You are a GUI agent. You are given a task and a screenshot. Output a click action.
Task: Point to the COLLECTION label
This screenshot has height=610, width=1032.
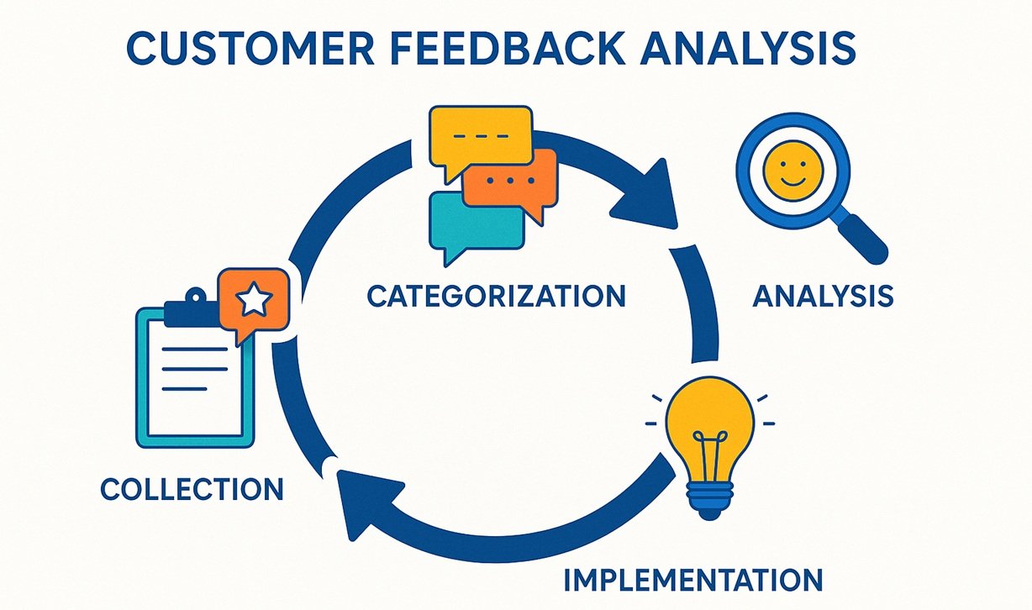click(x=192, y=489)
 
